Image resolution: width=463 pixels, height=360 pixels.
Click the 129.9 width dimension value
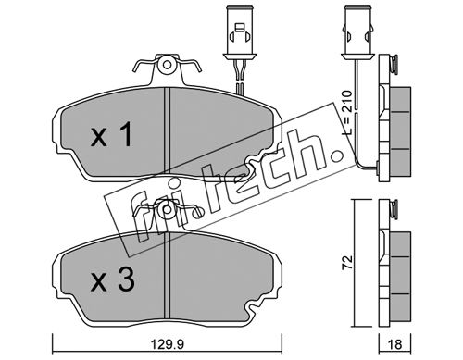pos(168,343)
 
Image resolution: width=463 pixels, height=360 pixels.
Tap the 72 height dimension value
pos(348,262)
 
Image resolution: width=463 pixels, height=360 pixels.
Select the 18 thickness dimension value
pos(394,344)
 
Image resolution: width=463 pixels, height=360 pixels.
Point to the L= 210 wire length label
pos(348,112)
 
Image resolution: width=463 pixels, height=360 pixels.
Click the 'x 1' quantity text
pos(112,134)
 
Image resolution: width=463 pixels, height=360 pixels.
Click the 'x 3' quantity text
pos(113,279)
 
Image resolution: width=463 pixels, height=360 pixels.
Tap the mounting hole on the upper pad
pos(167,65)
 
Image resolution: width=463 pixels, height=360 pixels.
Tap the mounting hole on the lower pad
pos(167,210)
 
